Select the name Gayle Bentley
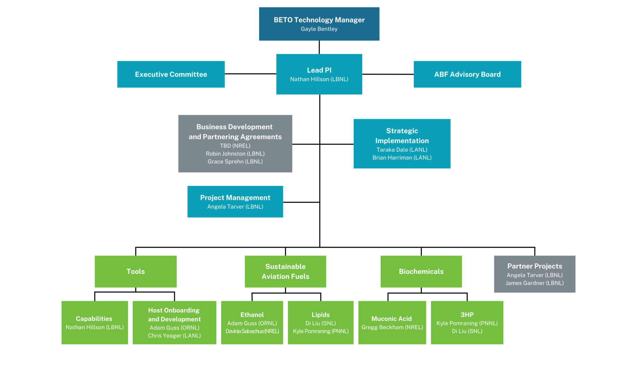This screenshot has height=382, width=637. click(x=319, y=29)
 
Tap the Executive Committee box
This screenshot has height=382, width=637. click(x=171, y=74)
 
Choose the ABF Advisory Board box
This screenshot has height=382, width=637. click(x=467, y=74)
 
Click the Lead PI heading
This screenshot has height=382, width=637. click(x=319, y=70)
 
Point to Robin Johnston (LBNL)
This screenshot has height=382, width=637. click(x=235, y=154)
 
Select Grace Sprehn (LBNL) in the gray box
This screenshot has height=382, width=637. click(x=235, y=161)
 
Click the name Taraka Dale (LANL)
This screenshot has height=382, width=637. click(x=402, y=150)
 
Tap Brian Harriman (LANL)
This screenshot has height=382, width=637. click(x=402, y=158)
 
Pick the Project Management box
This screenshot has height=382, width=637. click(x=235, y=201)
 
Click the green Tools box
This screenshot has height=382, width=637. click(x=135, y=271)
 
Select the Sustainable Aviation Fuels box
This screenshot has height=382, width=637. click(x=285, y=271)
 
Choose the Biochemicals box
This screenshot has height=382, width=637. click(x=421, y=271)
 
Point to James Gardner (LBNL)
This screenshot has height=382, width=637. click(x=534, y=283)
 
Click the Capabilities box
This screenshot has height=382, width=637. click(x=95, y=322)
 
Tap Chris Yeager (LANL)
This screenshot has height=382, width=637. click(x=174, y=336)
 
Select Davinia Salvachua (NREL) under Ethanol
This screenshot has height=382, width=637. click(x=252, y=331)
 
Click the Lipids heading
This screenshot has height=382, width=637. click(x=320, y=315)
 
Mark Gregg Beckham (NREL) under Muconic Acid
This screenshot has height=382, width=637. click(x=392, y=327)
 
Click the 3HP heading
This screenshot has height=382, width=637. click(x=467, y=315)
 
